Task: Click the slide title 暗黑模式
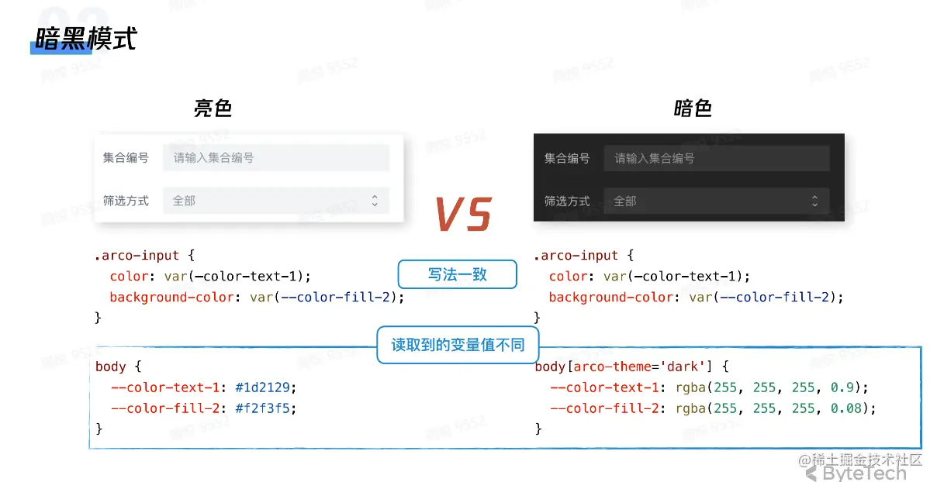coord(85,40)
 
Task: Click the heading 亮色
coord(213,108)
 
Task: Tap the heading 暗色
coord(693,108)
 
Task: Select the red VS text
coord(462,215)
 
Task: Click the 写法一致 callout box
coord(457,274)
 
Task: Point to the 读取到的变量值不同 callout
coord(458,345)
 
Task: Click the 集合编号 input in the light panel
coord(275,158)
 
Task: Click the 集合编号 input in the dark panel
coord(716,159)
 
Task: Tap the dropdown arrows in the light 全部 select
coord(375,201)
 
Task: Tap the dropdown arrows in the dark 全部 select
coord(814,201)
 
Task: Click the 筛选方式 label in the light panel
coord(126,201)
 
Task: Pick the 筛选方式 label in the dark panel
coord(566,201)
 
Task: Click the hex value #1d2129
coord(265,387)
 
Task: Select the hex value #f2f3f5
coord(265,408)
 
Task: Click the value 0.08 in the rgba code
coord(845,408)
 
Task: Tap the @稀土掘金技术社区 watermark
coord(860,460)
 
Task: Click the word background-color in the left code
coord(171,298)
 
